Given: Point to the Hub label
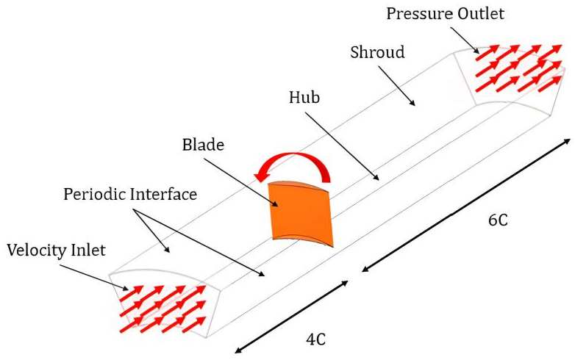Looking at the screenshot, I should [x=304, y=97].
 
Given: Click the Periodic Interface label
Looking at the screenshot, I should [x=130, y=195].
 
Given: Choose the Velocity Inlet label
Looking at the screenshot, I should [x=56, y=250].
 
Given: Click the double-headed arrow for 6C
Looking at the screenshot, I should [x=465, y=204].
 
